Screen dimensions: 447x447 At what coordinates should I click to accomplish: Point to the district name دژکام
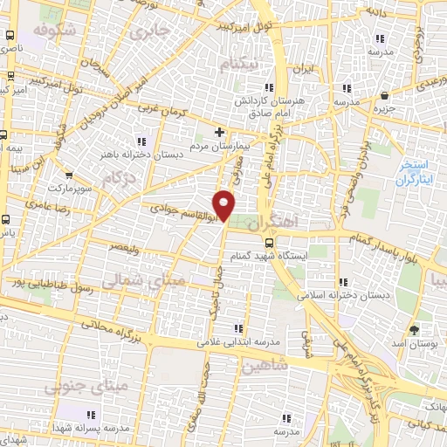click(120, 178)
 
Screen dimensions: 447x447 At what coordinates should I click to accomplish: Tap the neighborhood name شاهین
click(265, 367)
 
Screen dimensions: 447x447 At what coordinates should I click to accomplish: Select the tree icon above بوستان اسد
click(414, 329)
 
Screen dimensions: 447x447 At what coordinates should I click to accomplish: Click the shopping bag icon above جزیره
click(384, 96)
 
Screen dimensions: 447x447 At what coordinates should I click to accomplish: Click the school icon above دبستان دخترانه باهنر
click(142, 141)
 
